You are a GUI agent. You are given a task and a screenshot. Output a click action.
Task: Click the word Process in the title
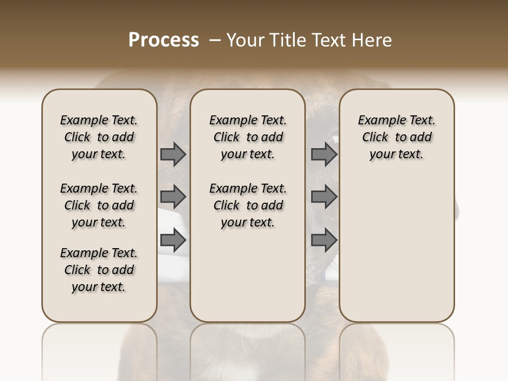pos(164,40)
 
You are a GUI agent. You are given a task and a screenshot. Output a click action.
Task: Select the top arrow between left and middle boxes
pos(173,155)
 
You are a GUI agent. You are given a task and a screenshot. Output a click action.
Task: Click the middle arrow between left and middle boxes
pos(173,197)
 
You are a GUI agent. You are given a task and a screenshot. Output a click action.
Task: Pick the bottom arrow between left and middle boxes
pos(173,240)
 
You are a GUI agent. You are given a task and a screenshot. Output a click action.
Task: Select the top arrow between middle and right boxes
pos(324,155)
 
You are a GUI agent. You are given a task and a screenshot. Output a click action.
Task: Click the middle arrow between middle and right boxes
pos(324,197)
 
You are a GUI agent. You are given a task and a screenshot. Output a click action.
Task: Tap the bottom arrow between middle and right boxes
pos(324,240)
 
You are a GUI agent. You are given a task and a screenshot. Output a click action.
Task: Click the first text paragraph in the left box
pos(99,137)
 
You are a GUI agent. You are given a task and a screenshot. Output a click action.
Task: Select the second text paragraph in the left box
pos(99,205)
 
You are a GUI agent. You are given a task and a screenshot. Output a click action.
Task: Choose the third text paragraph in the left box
pos(99,270)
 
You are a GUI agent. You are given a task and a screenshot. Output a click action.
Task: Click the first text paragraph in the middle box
pos(248,137)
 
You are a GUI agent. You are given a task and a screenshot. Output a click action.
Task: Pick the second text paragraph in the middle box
pos(248,205)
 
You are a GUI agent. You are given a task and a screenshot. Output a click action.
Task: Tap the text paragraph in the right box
pos(396,137)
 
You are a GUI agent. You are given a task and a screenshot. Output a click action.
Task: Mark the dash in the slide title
pos(215,40)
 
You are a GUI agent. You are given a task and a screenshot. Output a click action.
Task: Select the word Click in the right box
pos(375,138)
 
